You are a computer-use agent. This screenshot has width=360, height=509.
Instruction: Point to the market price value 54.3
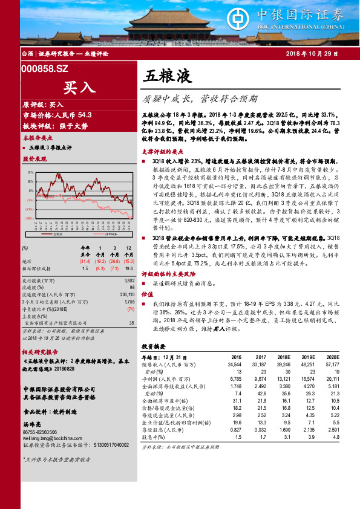(85, 115)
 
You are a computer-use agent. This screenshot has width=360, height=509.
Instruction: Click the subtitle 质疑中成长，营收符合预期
(200, 97)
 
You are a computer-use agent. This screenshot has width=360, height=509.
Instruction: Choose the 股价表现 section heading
(34, 158)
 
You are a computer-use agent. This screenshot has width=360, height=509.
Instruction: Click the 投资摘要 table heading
(154, 346)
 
